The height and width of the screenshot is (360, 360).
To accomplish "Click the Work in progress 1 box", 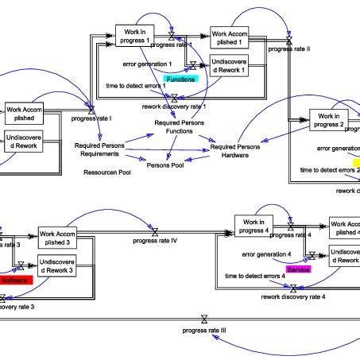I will click(x=136, y=36).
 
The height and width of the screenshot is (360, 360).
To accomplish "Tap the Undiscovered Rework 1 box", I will click(x=230, y=68).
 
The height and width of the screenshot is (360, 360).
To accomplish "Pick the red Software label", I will click(x=13, y=281).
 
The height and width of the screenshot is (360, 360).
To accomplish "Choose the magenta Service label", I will click(x=298, y=270).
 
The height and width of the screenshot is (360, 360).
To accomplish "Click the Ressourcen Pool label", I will click(x=107, y=172).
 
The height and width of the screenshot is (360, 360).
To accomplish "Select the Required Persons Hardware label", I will click(x=237, y=151).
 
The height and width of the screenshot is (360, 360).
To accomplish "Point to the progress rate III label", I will click(x=204, y=329).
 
